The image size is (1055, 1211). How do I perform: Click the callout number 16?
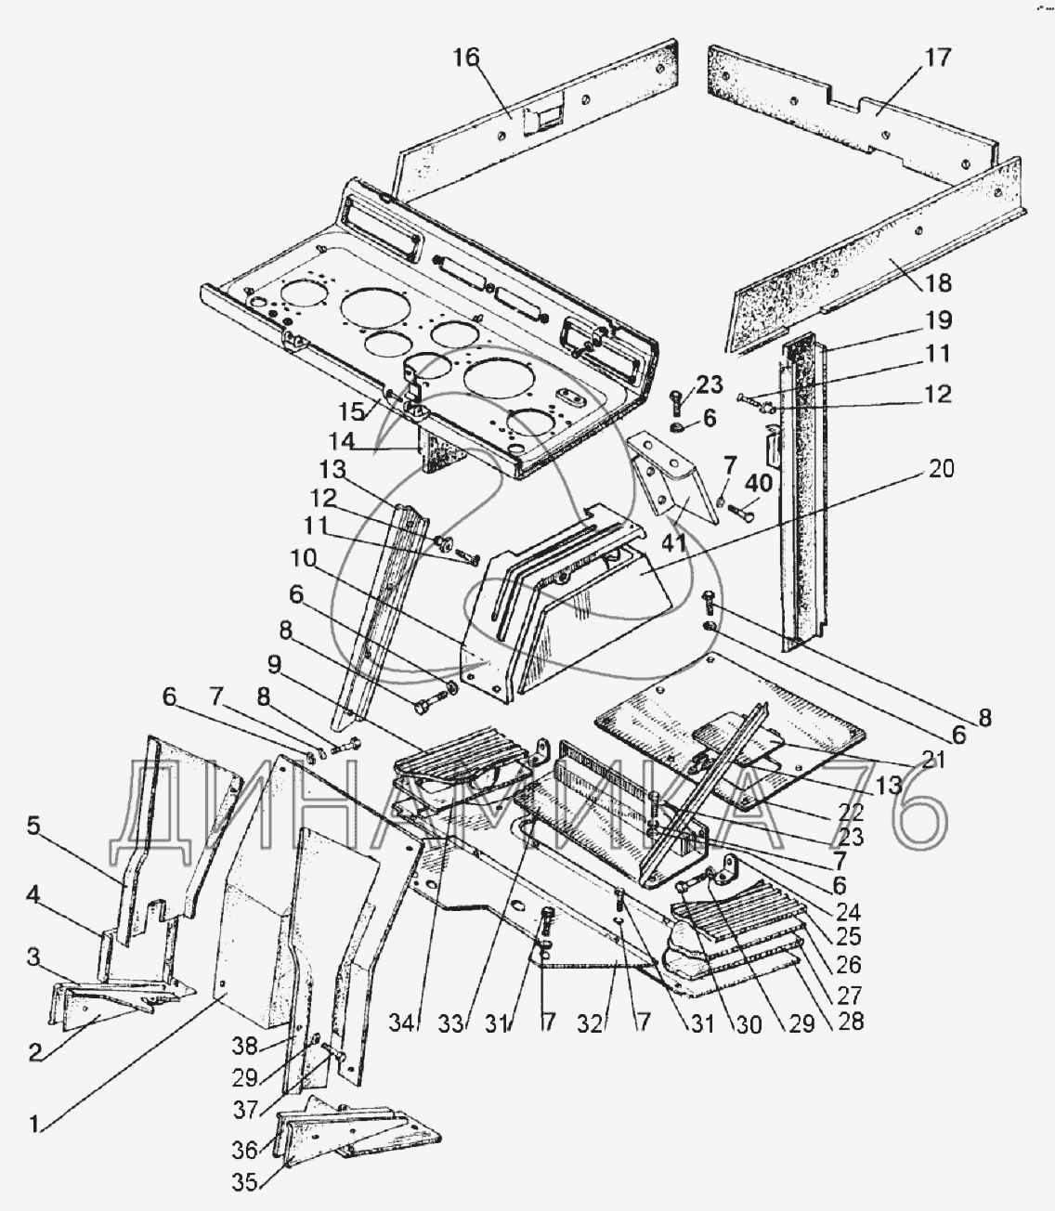tap(466, 58)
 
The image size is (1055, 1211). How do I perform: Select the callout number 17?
tap(937, 58)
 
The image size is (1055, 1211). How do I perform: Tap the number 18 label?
tap(937, 283)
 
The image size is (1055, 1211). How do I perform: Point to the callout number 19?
tap(938, 320)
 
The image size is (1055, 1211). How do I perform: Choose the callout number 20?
tap(942, 469)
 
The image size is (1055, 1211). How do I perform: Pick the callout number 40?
tap(759, 484)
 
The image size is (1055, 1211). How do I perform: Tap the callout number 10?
tap(304, 558)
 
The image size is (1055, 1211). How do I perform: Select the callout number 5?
tap(34, 826)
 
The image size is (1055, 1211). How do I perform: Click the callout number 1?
tap(34, 1125)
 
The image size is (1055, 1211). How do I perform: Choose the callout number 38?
tap(244, 1047)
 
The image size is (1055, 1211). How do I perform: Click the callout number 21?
tap(932, 760)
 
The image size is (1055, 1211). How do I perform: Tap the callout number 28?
tap(851, 1021)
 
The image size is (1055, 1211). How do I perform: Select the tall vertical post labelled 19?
tap(803, 491)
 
